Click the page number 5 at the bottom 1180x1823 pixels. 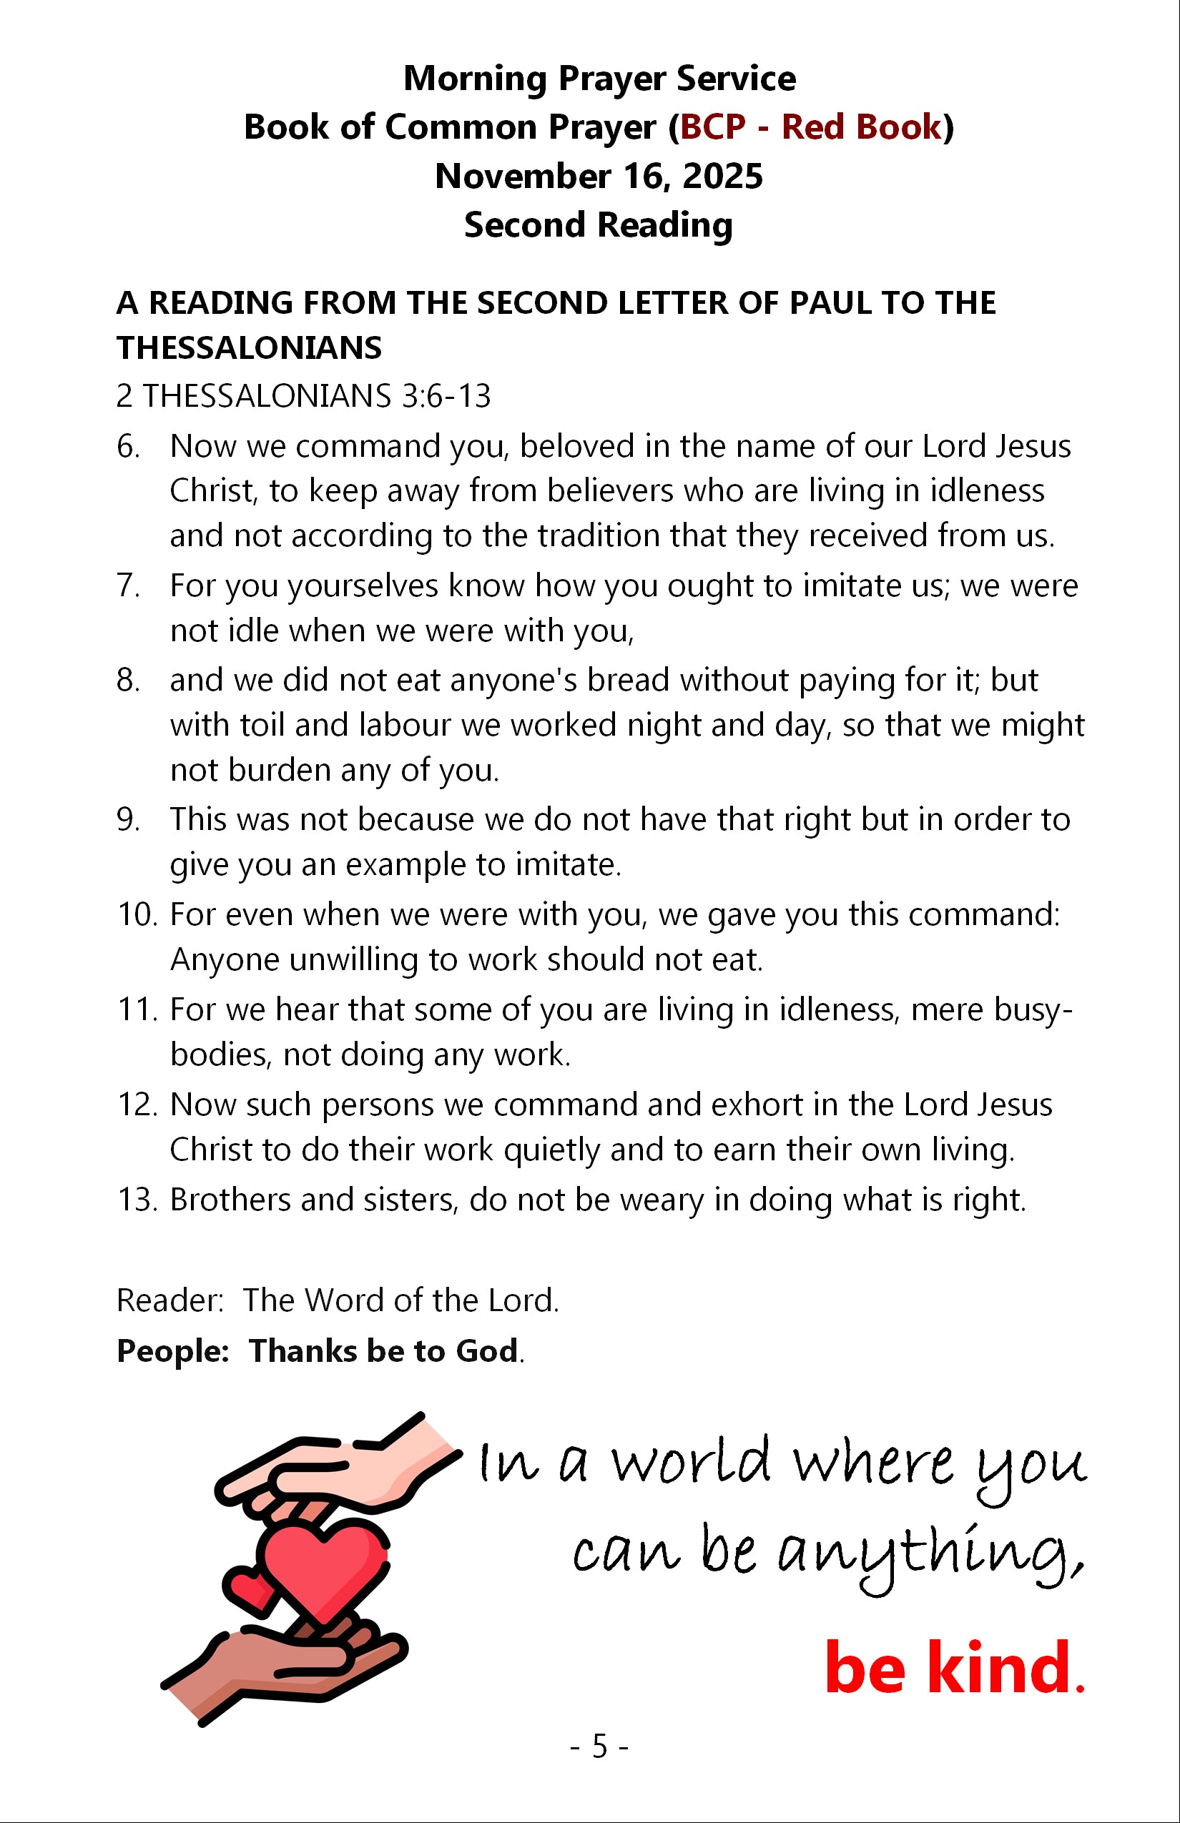coord(599,1747)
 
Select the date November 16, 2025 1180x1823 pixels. coord(599,176)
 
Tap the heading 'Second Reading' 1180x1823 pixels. coord(599,225)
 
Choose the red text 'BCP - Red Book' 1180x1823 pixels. coord(811,127)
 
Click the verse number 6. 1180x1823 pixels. coord(128,447)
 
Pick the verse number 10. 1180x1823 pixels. coord(137,914)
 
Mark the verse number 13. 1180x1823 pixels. coord(137,1200)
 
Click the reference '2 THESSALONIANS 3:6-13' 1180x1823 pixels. coord(303,396)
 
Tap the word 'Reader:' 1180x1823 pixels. coord(169,1300)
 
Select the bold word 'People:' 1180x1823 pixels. coord(173,1351)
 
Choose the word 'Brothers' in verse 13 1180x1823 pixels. coord(230,1200)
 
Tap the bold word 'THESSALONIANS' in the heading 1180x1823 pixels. coord(249,349)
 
